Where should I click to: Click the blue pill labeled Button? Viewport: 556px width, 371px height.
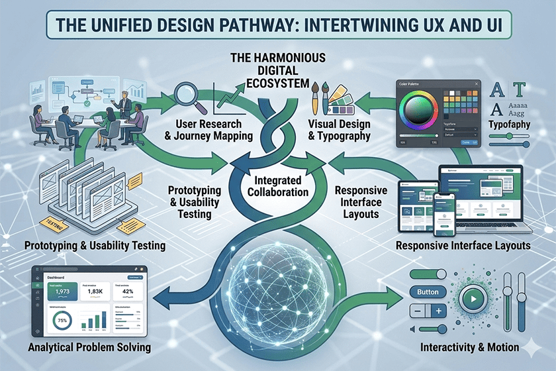click(429, 291)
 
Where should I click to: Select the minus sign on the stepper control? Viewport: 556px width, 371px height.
click(418, 309)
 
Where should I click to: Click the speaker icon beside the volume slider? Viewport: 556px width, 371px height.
click(413, 329)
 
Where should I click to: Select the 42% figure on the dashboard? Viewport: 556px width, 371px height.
click(128, 292)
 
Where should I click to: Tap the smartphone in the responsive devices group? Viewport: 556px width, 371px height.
click(441, 219)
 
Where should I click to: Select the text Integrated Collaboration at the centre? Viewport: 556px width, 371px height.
click(277, 186)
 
